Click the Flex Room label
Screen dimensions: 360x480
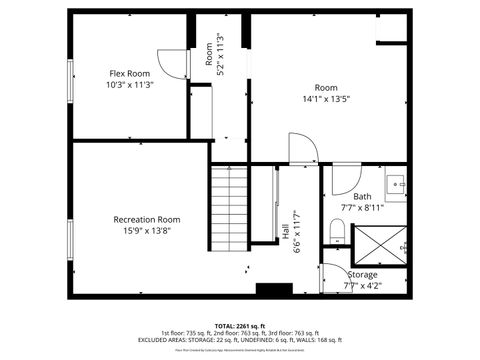pos(130,73)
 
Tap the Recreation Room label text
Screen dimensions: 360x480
pos(147,219)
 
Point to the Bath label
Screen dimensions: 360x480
pos(362,197)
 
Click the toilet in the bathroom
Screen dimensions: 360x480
pos(337,233)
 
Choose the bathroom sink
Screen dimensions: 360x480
pos(397,183)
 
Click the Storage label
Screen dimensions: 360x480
pos(363,275)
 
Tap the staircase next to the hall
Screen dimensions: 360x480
pos(228,210)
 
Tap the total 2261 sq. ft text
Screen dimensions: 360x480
pos(240,326)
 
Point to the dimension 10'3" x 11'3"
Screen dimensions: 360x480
pos(130,85)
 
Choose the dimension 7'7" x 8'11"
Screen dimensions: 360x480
pos(362,208)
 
